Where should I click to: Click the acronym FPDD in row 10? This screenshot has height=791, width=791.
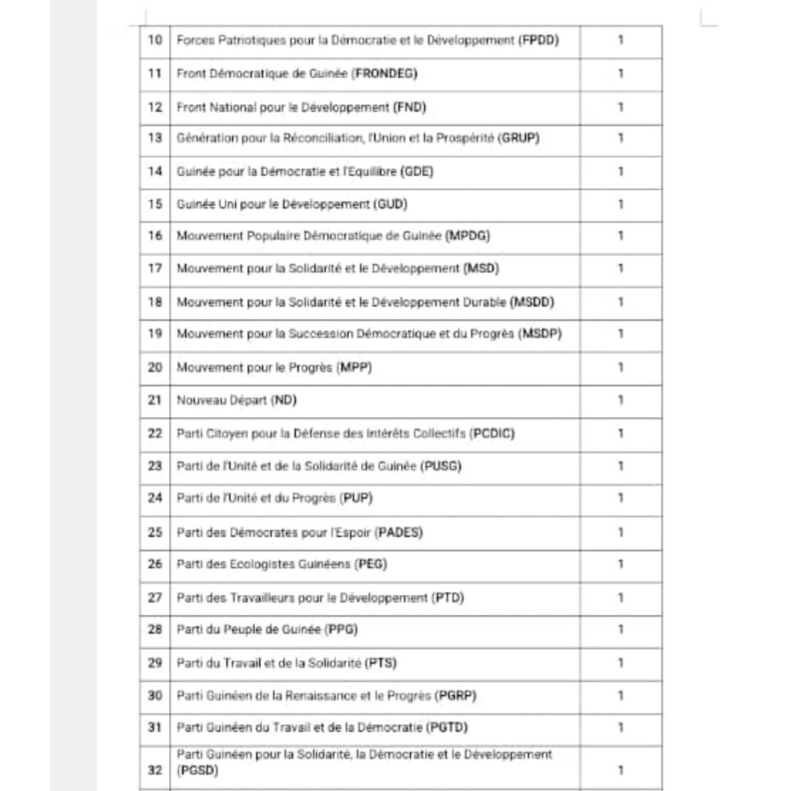540,39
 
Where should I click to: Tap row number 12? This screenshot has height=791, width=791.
154,107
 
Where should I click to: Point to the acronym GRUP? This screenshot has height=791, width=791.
520,138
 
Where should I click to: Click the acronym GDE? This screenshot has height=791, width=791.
418,171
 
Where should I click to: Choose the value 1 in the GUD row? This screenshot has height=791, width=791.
620,205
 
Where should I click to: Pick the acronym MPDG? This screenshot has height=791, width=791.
468,236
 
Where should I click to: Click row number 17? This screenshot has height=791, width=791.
154,269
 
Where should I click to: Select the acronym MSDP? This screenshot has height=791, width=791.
541,334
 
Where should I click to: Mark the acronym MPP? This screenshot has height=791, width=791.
355,368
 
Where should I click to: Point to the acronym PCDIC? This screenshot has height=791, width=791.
492,433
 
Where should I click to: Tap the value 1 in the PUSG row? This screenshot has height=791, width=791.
620,466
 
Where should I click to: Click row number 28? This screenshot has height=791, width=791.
154,630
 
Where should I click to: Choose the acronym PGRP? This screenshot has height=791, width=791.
456,695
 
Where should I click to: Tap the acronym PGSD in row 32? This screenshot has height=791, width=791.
198,770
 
